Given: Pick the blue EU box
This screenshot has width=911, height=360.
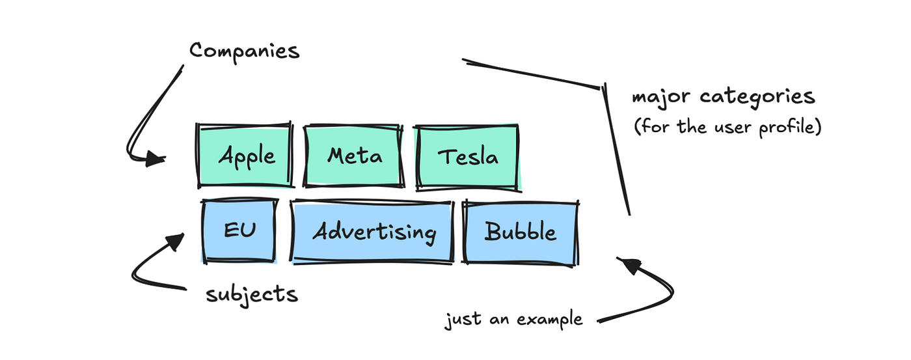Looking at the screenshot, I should coord(239,231).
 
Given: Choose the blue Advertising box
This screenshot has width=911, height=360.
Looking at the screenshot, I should coord(373,232).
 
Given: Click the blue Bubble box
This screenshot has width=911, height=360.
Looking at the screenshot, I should coord(521,232).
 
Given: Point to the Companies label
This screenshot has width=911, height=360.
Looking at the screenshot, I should coord(244,50).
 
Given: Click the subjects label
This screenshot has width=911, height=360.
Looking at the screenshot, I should coord(252,295).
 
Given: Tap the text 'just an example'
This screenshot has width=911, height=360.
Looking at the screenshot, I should coord(513,320).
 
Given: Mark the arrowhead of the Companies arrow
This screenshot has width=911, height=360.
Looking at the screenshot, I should coord(156,158).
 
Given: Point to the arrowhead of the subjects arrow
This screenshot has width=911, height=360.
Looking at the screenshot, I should coord(177,242).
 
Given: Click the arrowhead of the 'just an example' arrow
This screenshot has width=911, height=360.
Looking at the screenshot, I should coord(627,264).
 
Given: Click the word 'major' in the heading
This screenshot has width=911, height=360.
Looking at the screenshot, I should coord(661,98).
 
